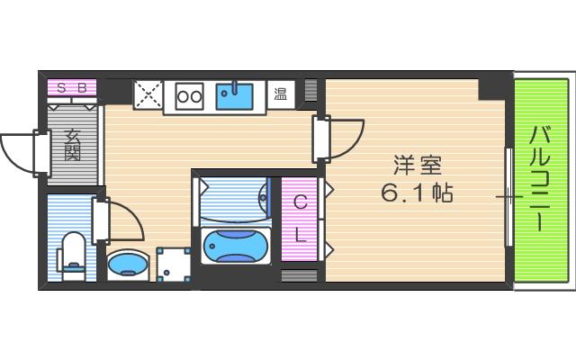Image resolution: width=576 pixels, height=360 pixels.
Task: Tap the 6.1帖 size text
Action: point(416,193)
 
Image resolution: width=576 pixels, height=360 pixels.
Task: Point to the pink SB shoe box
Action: point(71,88)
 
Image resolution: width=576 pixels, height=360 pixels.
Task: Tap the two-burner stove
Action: point(189,94)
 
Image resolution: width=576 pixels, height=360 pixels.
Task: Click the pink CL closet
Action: point(301,220)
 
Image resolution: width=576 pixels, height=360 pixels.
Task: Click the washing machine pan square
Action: point(173,265)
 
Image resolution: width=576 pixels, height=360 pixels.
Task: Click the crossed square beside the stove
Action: point(148,94)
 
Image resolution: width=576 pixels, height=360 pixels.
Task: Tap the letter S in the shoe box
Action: point(61,88)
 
